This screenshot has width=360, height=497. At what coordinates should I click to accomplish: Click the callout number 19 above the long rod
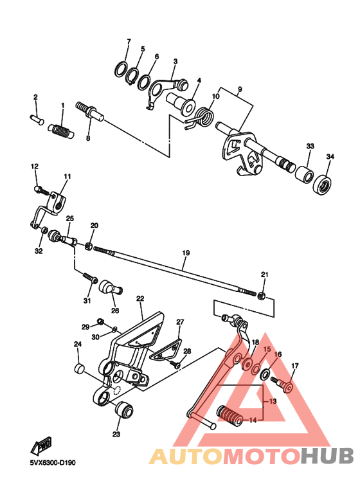[185, 253]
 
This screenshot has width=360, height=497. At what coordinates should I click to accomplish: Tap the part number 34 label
[330, 157]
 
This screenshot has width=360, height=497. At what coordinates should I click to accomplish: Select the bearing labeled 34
[323, 185]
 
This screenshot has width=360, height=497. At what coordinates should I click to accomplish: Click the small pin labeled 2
[36, 118]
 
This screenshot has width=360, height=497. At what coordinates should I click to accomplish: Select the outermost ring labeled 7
[120, 69]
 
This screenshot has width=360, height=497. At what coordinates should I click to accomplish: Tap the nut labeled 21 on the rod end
[262, 294]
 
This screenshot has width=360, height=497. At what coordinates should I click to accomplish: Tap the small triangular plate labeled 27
[166, 349]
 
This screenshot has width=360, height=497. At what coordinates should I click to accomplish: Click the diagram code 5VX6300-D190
[57, 462]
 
